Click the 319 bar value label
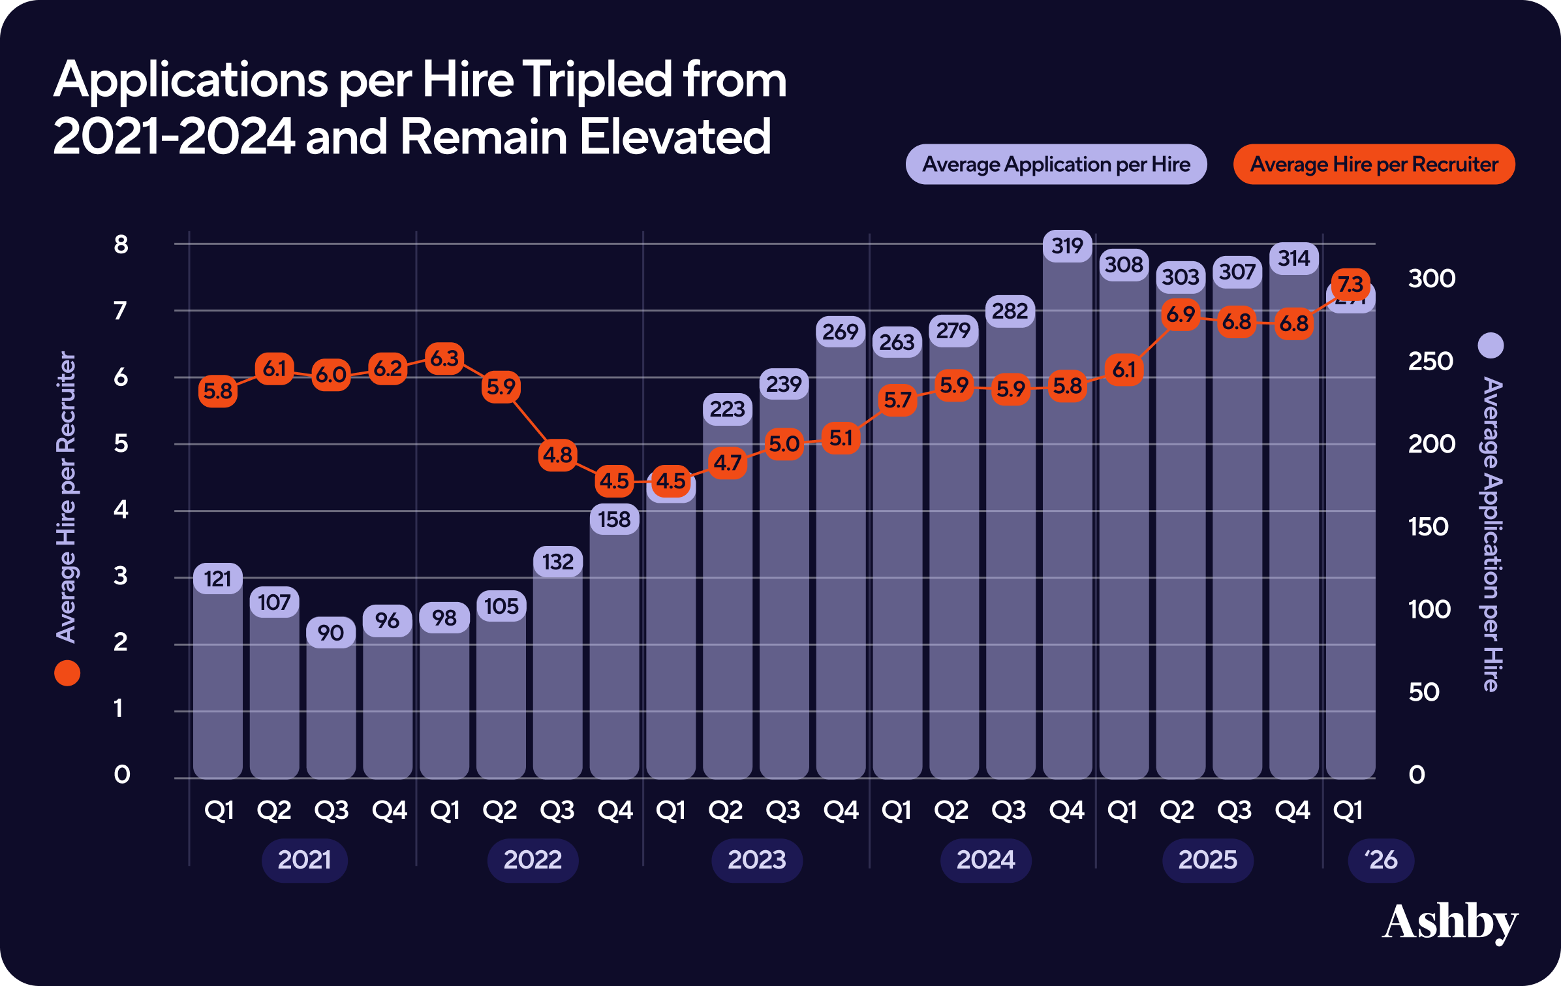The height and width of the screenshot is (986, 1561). pyautogui.click(x=1067, y=246)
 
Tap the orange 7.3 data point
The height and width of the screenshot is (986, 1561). pyautogui.click(x=1350, y=284)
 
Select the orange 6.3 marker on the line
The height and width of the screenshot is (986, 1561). pyautogui.click(x=444, y=358)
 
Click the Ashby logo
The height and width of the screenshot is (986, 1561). pyautogui.click(x=1449, y=922)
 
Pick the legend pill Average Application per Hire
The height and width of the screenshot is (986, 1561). pyautogui.click(x=1056, y=165)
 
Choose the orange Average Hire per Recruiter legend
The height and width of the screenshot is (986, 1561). pyautogui.click(x=1374, y=165)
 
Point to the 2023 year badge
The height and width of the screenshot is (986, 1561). pyautogui.click(x=756, y=860)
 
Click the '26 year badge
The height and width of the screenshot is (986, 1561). pyautogui.click(x=1381, y=860)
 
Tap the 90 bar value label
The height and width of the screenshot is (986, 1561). pyautogui.click(x=331, y=633)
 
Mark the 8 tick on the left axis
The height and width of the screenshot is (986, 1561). pyautogui.click(x=121, y=244)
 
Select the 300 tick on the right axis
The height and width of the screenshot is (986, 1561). pyautogui.click(x=1431, y=279)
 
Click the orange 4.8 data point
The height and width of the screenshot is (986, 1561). pyautogui.click(x=558, y=455)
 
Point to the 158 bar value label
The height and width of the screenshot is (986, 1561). pyautogui.click(x=614, y=520)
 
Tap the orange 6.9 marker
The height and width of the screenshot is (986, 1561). pyautogui.click(x=1181, y=315)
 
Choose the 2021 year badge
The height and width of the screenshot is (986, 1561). pyautogui.click(x=304, y=860)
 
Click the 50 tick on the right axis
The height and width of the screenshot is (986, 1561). pyautogui.click(x=1423, y=692)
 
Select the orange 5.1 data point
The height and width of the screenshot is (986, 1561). pyautogui.click(x=841, y=438)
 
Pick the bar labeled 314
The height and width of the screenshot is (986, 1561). pyautogui.click(x=1293, y=522)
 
